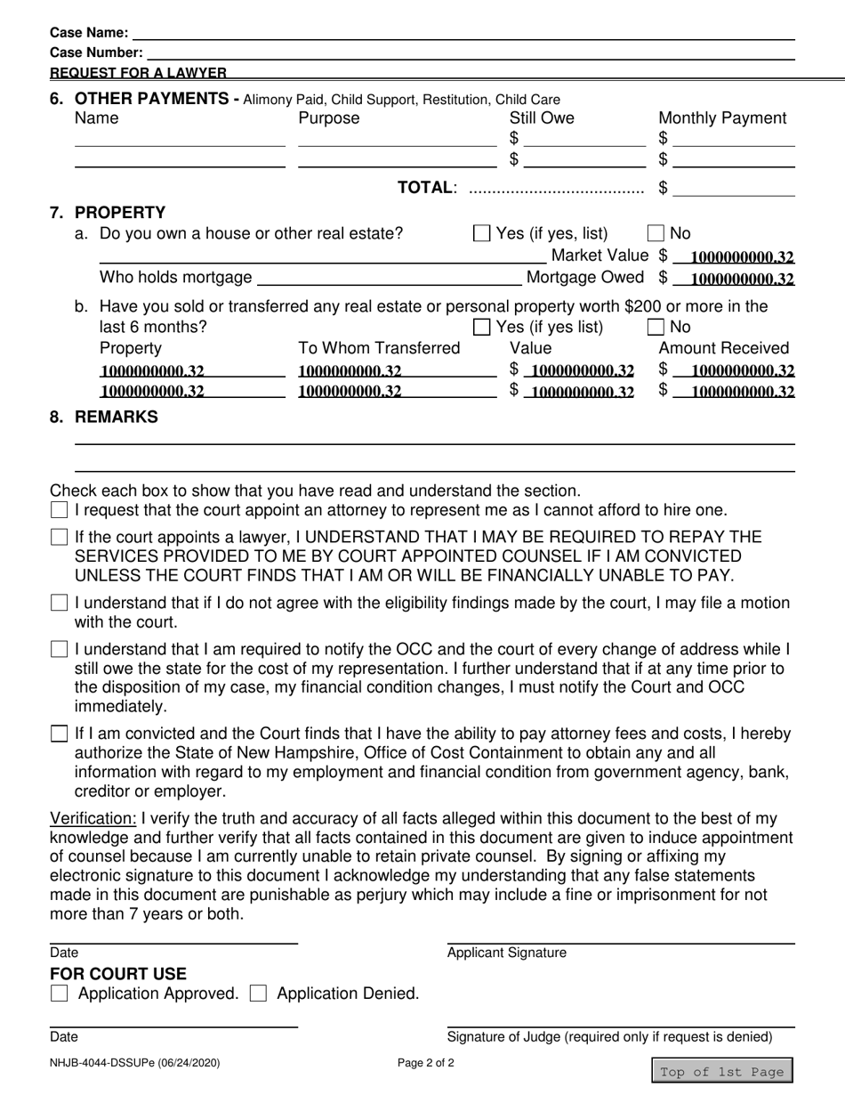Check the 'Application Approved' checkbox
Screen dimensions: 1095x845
point(60,994)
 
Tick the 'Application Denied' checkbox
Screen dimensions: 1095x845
point(259,994)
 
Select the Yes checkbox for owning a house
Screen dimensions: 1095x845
point(481,234)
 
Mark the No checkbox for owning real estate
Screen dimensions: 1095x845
point(656,234)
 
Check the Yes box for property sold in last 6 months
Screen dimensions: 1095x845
point(481,327)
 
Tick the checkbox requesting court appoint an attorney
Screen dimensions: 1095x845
point(60,511)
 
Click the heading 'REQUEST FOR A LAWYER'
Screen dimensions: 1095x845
point(138,73)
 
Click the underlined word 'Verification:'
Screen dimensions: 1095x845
point(93,818)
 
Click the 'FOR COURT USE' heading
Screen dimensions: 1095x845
point(118,974)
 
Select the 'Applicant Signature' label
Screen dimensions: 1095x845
point(506,953)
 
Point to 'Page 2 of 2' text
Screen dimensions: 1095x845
point(426,1062)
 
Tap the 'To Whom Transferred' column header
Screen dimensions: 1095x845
point(379,348)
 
